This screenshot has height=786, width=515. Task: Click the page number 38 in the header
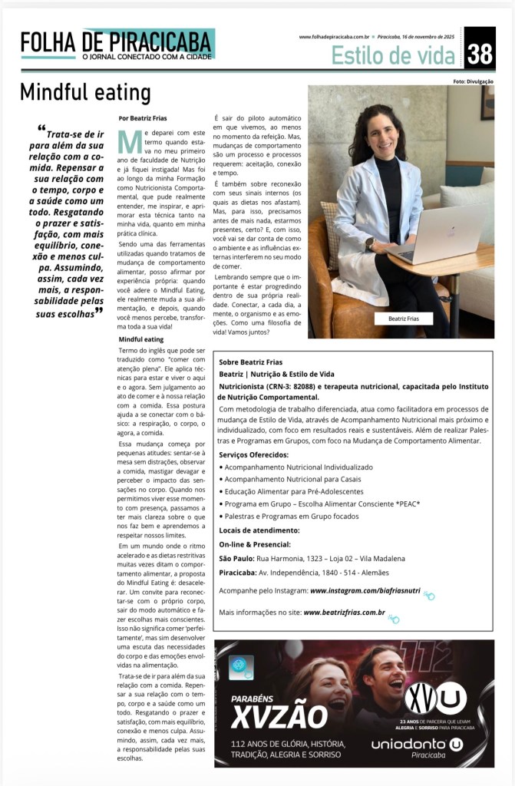(479, 53)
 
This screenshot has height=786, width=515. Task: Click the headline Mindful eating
(85, 94)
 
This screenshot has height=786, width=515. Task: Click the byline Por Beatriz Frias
(143, 118)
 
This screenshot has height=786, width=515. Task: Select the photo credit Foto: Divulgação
(474, 81)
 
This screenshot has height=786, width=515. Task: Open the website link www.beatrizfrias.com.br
(344, 613)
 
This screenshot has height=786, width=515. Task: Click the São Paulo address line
(312, 558)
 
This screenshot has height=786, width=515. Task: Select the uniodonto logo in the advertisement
(417, 745)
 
